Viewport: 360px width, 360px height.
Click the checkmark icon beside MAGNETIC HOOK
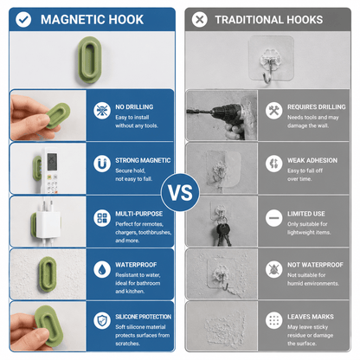[x=23, y=20]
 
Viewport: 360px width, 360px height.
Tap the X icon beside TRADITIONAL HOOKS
[x=200, y=20]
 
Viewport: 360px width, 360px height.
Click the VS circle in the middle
[x=180, y=192]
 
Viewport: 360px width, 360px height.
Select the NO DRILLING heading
[x=134, y=106]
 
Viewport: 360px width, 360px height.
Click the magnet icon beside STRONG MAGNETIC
[x=102, y=164]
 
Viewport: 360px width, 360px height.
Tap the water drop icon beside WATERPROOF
[x=102, y=269]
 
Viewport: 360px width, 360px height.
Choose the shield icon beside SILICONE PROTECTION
[x=102, y=320]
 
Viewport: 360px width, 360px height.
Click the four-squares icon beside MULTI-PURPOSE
[x=102, y=218]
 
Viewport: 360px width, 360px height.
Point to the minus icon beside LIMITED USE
[x=273, y=218]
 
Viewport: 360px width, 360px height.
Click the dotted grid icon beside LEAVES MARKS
[x=273, y=320]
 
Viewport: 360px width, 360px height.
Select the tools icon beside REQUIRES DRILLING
[x=273, y=110]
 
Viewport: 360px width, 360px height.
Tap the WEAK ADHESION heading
[x=312, y=160]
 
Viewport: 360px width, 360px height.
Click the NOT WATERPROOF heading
[x=315, y=265]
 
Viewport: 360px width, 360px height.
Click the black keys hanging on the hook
[x=223, y=233]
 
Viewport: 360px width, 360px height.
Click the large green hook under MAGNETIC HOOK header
[x=89, y=60]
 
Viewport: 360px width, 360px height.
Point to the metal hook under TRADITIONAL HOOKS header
[x=268, y=73]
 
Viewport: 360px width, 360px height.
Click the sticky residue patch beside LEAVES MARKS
[x=223, y=326]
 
